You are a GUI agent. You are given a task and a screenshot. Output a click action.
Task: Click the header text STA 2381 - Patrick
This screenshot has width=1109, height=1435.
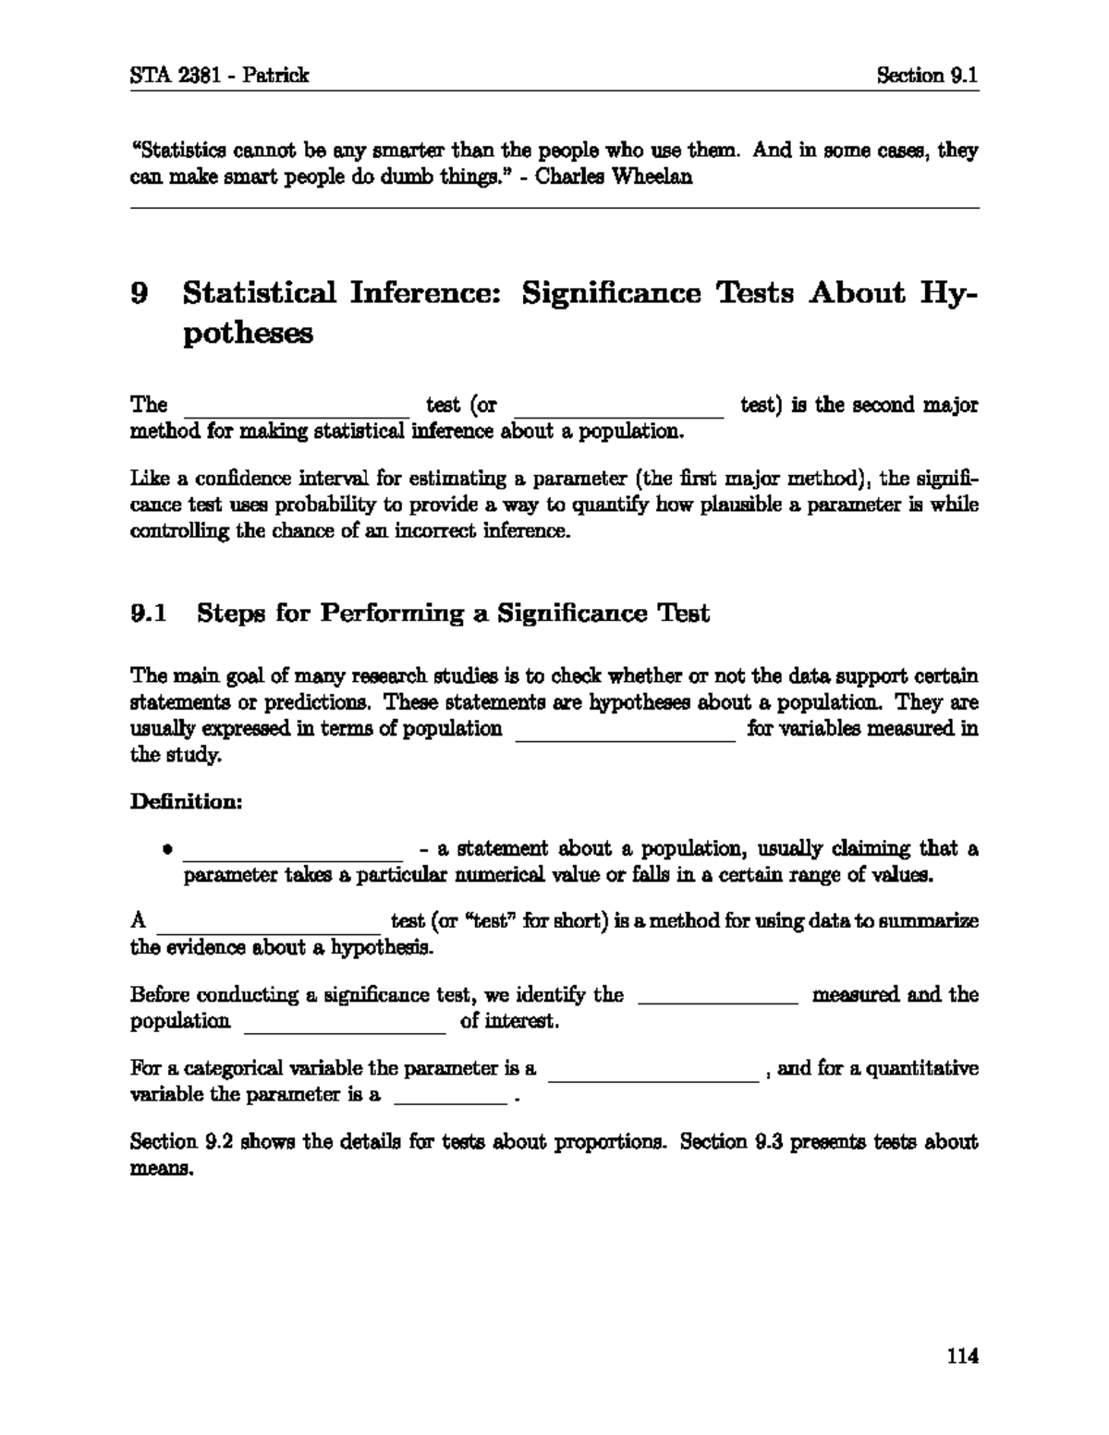click(219, 76)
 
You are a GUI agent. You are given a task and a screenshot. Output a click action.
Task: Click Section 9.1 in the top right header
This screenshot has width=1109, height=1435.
click(927, 76)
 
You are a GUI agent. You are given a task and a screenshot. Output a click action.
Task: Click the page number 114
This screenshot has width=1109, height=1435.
click(962, 1356)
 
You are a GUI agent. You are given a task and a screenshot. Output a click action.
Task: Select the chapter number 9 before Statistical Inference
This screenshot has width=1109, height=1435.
click(140, 294)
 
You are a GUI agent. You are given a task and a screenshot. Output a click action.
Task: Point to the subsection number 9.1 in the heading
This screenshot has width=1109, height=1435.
click(148, 614)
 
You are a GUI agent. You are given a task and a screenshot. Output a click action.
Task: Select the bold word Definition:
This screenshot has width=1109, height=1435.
click(186, 801)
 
